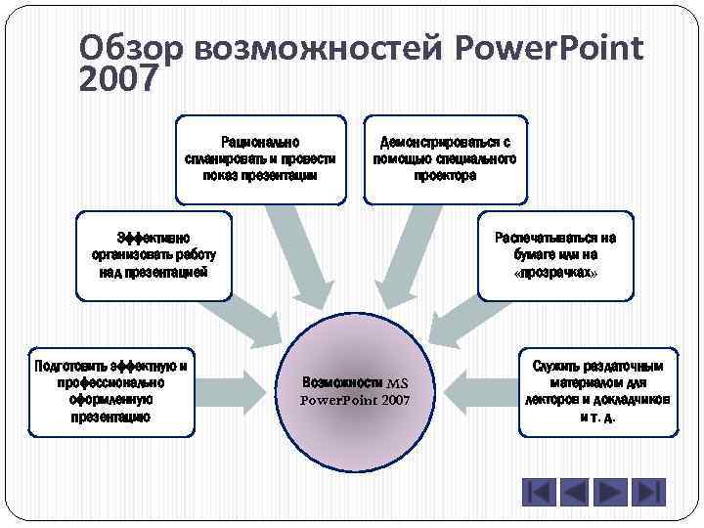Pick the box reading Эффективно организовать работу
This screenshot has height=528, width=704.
pyautogui.click(x=154, y=255)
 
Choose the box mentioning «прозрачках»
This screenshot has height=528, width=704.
pyautogui.click(x=554, y=255)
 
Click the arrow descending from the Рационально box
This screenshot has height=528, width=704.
pyautogui.click(x=304, y=254)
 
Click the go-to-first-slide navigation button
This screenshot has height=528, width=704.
pyautogui.click(x=539, y=492)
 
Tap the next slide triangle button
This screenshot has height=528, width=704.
pyautogui.click(x=612, y=492)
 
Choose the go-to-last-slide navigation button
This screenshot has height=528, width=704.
pyautogui.click(x=648, y=492)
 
